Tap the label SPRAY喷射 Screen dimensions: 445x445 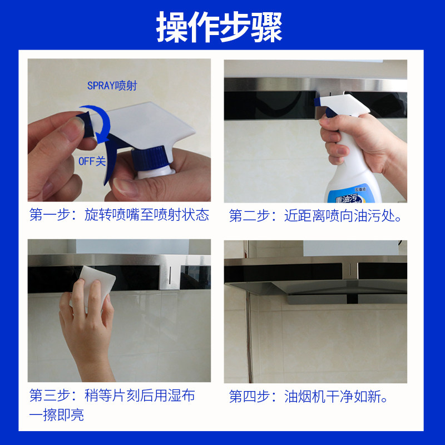(x=112, y=86)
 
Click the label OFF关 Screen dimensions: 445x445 (x=91, y=161)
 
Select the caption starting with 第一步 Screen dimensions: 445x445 (x=119, y=215)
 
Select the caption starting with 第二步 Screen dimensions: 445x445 (x=315, y=215)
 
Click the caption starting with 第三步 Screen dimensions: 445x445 (x=112, y=396)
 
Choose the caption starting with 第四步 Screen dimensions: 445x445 (x=309, y=396)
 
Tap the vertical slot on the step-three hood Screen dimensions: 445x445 (x=167, y=272)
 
